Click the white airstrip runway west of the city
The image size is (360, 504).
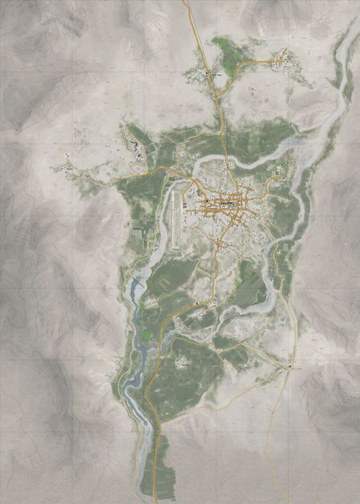pos(173,217)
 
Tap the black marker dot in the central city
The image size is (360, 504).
pos(206,200)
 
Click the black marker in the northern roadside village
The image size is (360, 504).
pos(209,74)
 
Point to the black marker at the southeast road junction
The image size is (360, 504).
pos(290,367)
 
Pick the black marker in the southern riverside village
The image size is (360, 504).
pos(196,304)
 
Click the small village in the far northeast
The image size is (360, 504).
pos(281,58)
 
